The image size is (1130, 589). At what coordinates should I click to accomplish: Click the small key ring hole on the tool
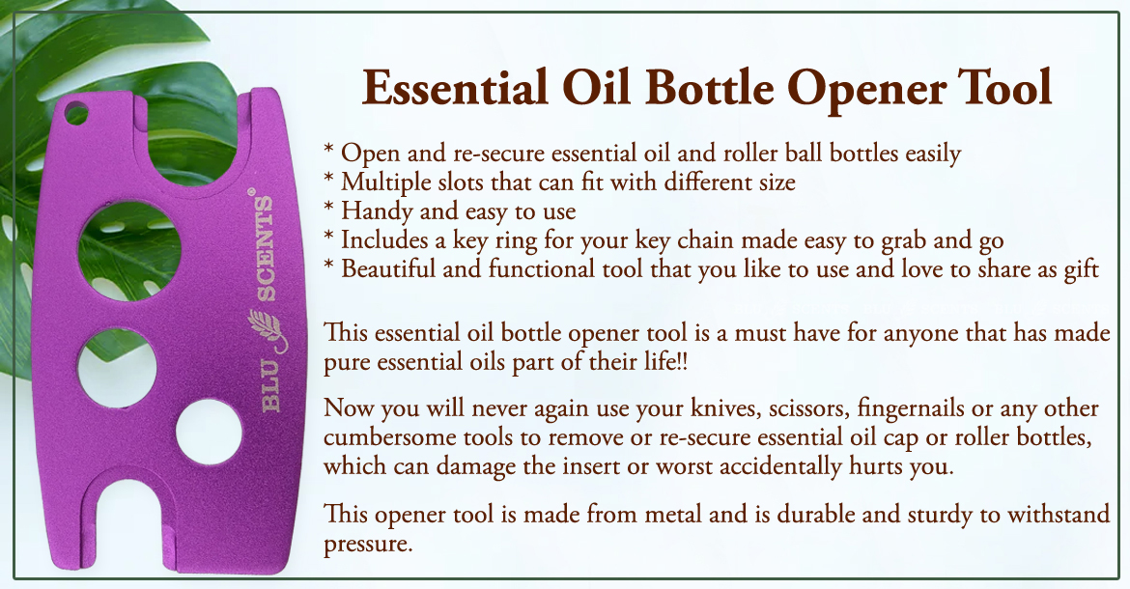75,113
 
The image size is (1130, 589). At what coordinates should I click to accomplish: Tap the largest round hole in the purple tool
129,251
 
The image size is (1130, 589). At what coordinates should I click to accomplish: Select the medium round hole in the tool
118,368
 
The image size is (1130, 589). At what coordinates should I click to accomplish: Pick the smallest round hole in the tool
209,432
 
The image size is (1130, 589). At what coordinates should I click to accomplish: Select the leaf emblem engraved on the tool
267,330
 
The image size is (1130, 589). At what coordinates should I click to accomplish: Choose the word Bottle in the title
710,88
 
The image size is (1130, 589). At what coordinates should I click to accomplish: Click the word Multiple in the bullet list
386,182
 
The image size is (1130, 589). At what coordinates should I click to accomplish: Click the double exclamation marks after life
683,361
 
